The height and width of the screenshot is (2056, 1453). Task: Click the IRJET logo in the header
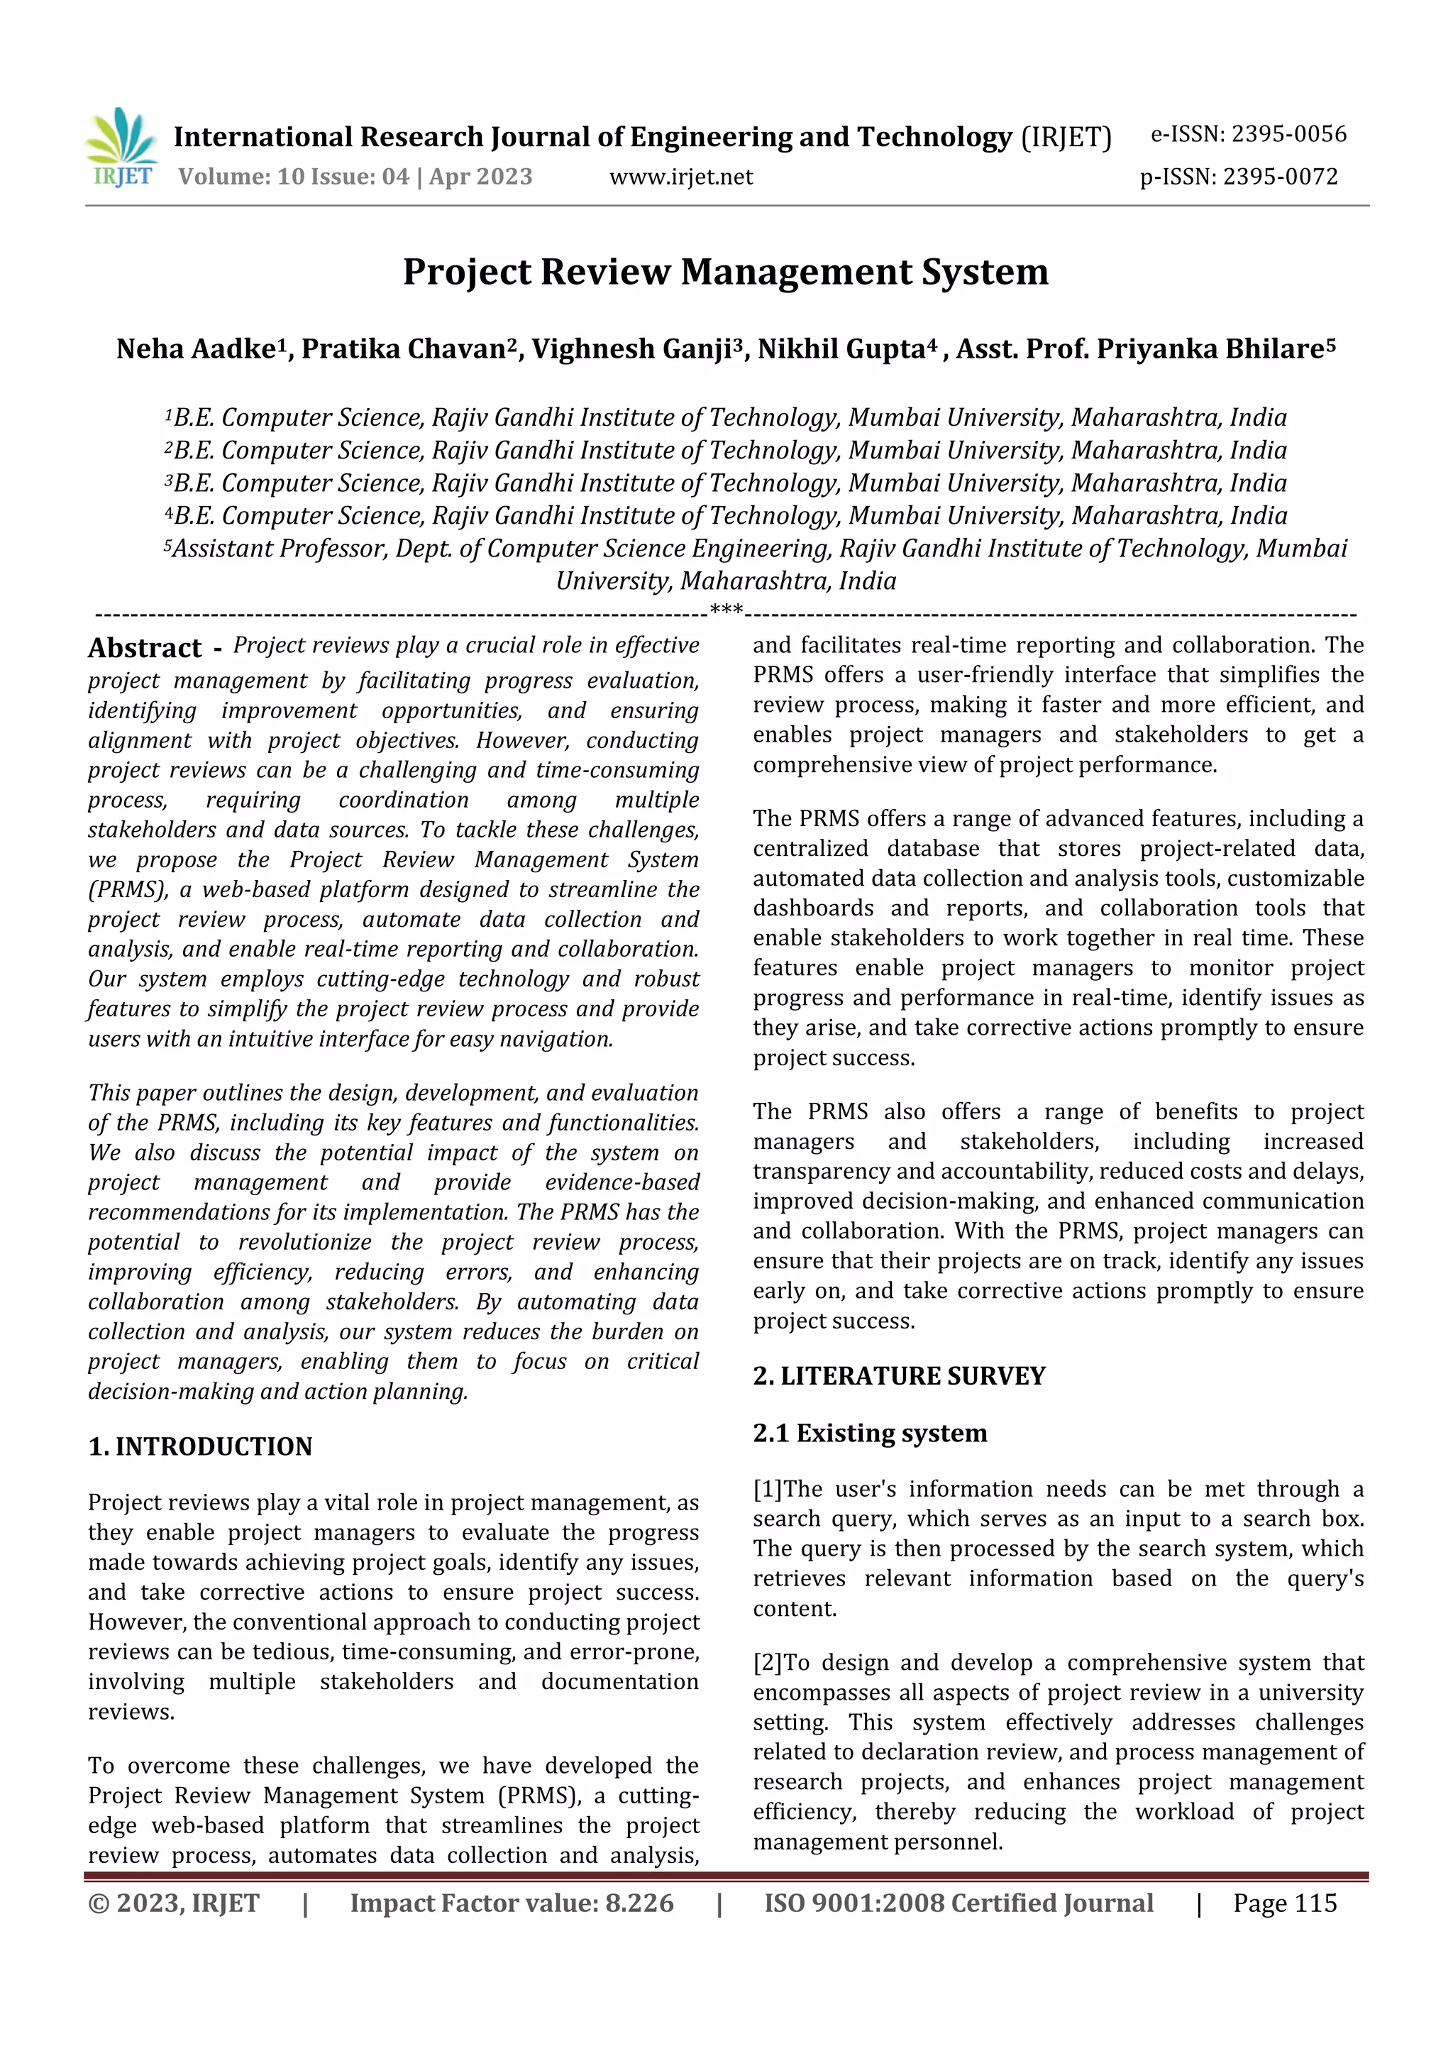click(122, 148)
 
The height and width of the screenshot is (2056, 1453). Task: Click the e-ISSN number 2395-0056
click(1288, 134)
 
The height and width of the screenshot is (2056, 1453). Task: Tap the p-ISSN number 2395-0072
click(1280, 177)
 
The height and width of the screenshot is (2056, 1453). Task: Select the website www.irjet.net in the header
click(680, 177)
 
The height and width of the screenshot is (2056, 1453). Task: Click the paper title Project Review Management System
click(725, 273)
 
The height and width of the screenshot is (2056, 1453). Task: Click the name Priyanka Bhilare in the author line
click(1209, 349)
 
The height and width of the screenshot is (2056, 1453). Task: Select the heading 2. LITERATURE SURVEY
click(899, 1375)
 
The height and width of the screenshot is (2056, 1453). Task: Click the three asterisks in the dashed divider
click(726, 612)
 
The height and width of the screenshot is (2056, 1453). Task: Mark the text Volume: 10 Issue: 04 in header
click(294, 177)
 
